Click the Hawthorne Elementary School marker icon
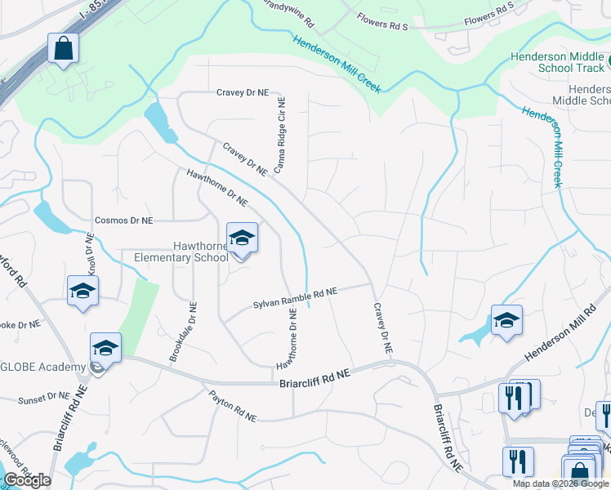pos(242,238)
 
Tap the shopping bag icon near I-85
pos(63,48)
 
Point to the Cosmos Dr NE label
pos(123,220)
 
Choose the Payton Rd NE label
pos(232,405)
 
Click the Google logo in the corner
pos(27,480)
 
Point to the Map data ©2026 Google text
pos(560,483)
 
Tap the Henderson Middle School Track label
pos(558,62)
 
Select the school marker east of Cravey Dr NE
pos(506,320)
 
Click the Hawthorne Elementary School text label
pos(181,252)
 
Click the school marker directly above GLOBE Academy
pos(105,348)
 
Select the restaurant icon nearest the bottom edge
pos(518,462)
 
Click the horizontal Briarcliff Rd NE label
pos(314,377)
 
